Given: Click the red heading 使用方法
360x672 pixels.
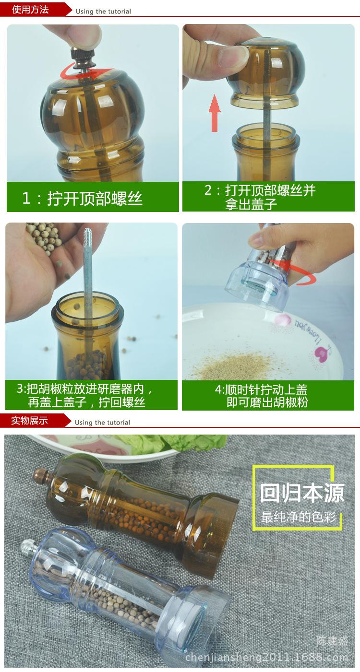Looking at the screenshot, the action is click(30, 10).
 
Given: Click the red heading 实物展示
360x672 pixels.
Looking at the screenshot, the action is click(29, 420).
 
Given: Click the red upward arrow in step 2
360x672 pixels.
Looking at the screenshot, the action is click(215, 113).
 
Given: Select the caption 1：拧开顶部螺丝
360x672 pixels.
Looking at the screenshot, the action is click(82, 198).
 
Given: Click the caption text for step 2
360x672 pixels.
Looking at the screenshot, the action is click(260, 197).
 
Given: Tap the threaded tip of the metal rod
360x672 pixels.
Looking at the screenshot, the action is click(88, 236).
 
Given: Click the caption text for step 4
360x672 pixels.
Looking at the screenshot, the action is click(261, 396).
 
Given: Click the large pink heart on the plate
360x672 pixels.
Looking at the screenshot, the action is click(320, 354).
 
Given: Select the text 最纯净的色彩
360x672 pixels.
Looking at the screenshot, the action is click(299, 517).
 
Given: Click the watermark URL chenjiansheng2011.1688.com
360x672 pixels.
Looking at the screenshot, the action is click(266, 657).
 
